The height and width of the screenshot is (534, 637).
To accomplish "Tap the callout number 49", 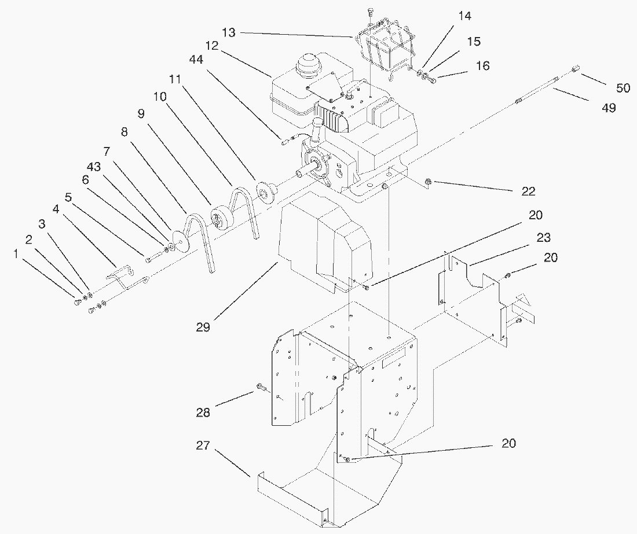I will coord(608,108).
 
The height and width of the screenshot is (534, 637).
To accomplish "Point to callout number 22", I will coord(528,191).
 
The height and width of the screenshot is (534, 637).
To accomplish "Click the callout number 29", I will coord(203,327).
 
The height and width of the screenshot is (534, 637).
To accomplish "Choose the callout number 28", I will coord(203,412).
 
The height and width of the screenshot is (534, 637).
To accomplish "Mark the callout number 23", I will coord(543,237).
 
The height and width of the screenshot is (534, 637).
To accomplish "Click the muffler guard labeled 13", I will coord(385,49).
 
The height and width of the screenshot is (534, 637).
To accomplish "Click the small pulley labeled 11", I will coord(267,192).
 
